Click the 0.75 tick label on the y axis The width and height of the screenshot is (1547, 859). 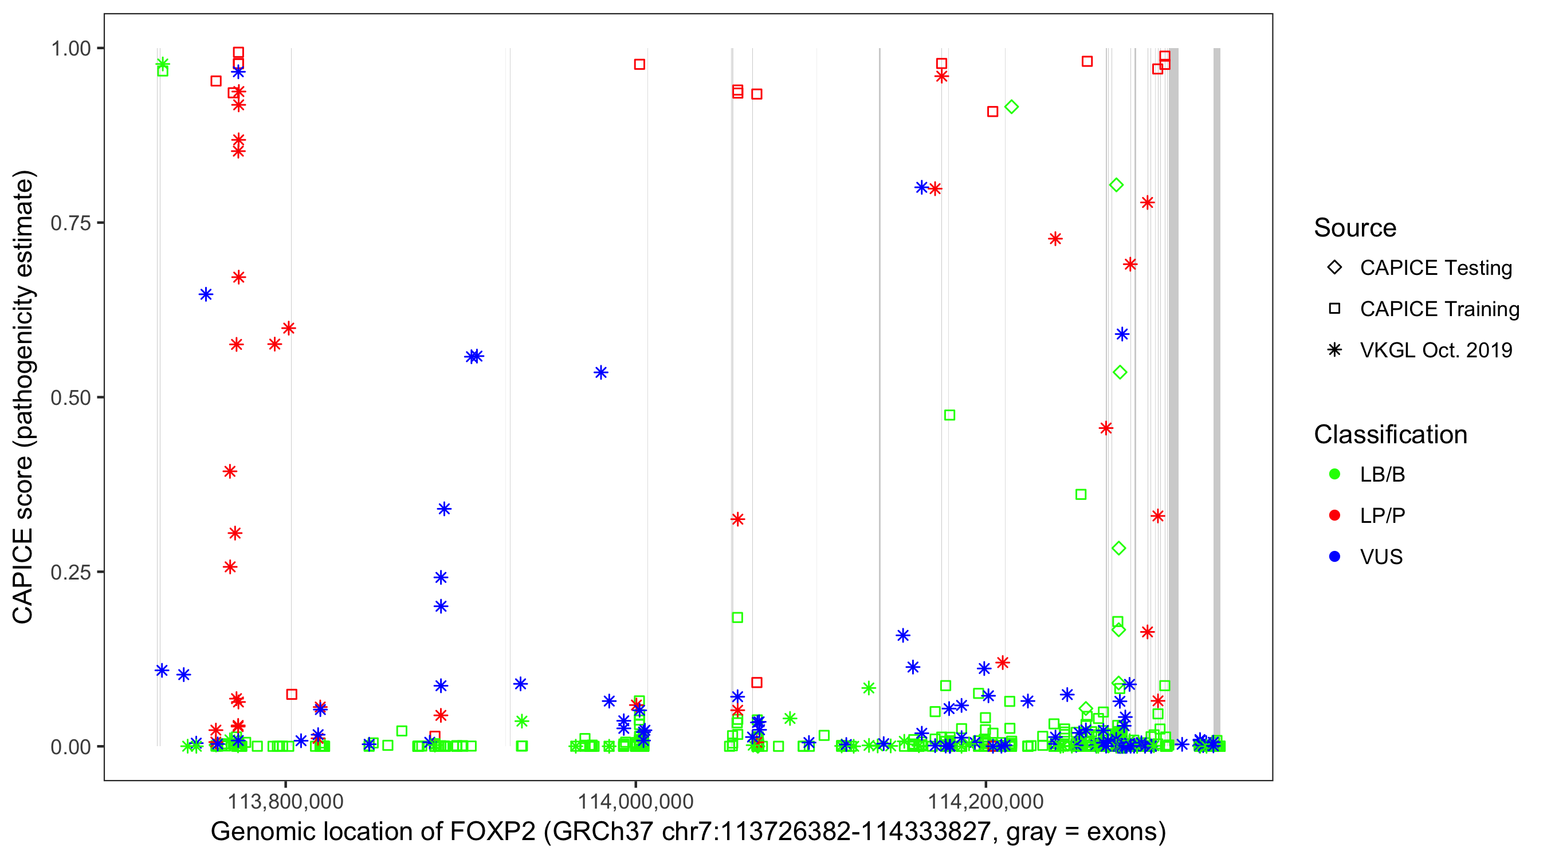tap(70, 223)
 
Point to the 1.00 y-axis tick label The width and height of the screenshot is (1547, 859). tap(70, 49)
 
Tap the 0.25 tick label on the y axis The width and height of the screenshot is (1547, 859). tap(70, 572)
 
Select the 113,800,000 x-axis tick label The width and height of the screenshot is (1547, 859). tap(285, 801)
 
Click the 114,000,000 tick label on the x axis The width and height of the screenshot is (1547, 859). tap(635, 801)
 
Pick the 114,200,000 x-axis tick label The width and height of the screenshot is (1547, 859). tap(985, 801)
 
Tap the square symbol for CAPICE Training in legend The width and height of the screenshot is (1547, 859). tap(1334, 309)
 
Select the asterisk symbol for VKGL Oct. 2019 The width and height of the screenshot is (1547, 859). tap(1334, 350)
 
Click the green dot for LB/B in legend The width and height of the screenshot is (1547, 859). tap(1334, 474)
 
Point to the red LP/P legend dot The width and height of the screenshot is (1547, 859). tap(1334, 515)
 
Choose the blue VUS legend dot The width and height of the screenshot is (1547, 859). tap(1334, 557)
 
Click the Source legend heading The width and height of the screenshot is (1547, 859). tap(1355, 228)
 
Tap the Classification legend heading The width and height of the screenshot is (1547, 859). tap(1390, 435)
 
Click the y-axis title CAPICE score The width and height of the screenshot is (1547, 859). tap(24, 397)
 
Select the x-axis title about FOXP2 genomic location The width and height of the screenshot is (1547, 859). tap(688, 832)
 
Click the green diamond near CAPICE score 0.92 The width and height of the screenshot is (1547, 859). tap(1011, 107)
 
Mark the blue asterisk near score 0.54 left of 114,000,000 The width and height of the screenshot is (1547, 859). tap(600, 373)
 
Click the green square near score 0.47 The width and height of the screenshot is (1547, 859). tap(949, 415)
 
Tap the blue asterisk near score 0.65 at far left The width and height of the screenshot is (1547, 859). tap(206, 295)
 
